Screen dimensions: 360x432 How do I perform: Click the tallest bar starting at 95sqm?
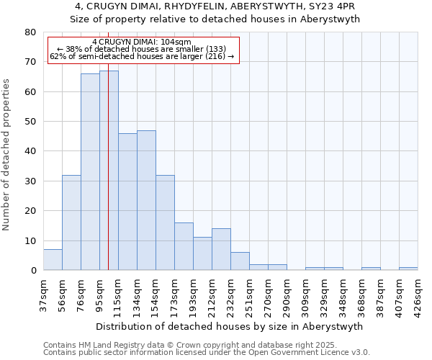coord(109,171)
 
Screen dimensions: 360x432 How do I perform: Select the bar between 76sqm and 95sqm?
coord(90,172)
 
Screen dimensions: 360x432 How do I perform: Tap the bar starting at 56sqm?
coord(71,222)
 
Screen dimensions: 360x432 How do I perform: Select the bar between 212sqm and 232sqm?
coord(221,249)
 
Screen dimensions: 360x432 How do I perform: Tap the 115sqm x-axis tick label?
coord(118,294)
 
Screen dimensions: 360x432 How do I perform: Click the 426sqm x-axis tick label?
coord(418,294)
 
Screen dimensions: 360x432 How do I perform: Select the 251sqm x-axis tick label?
coord(249,294)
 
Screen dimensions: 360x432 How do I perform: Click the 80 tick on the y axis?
coord(30,32)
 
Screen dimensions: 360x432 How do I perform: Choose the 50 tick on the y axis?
coord(30,122)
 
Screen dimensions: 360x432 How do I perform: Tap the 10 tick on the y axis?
coord(30,240)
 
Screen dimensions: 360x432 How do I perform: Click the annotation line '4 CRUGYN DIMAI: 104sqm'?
coord(142,42)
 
